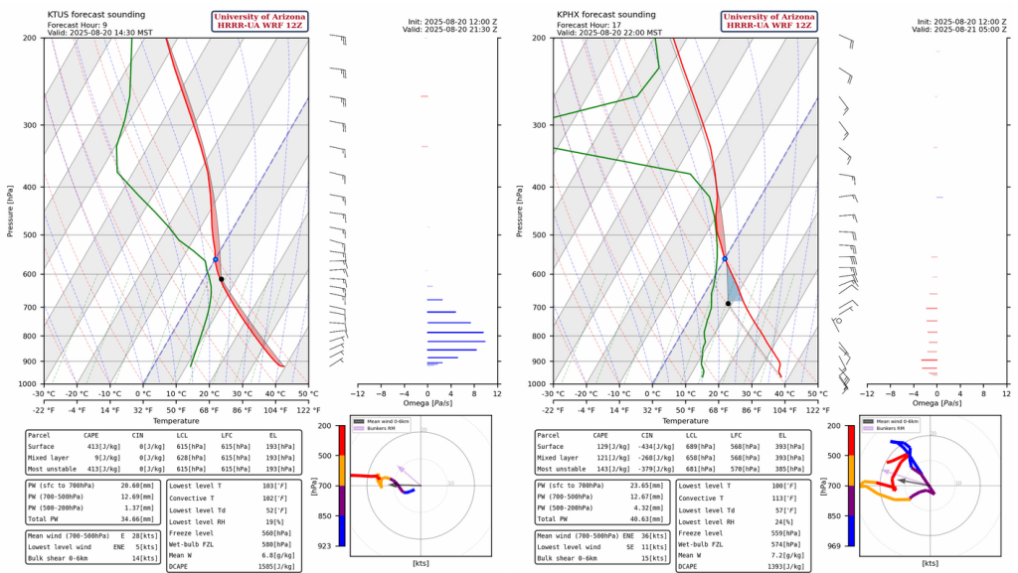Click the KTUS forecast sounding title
[96, 15]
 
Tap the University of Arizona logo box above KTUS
[260, 20]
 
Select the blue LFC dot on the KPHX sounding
[725, 258]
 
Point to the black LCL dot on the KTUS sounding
[222, 279]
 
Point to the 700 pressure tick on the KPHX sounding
[540, 307]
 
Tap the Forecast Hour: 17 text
[594, 25]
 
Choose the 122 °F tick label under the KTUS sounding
[307, 409]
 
